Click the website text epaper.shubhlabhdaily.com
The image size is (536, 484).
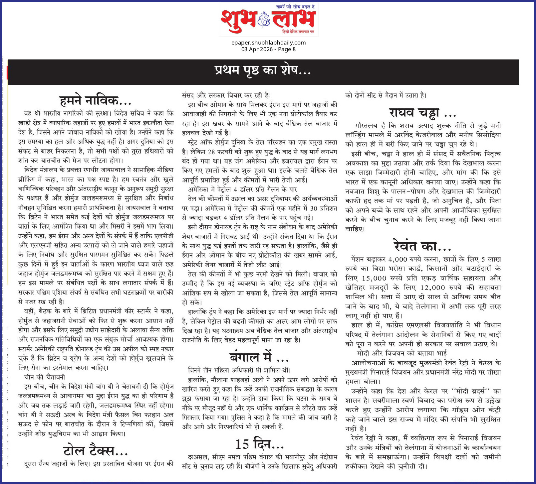pyautogui.click(x=268, y=43)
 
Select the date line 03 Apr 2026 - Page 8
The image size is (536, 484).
pyautogui.click(x=268, y=49)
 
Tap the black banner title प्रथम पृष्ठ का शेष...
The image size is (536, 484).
pyautogui.click(x=263, y=70)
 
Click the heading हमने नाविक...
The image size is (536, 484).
pyautogui.click(x=95, y=100)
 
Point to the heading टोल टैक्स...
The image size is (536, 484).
pyautogui.click(x=95, y=450)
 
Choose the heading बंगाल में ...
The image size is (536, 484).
pyautogui.click(x=259, y=357)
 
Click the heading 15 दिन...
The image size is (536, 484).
pyautogui.click(x=259, y=444)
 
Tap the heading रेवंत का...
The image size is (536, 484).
pyautogui.click(x=422, y=246)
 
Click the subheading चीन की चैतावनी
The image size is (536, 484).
pyautogui.click(x=45, y=377)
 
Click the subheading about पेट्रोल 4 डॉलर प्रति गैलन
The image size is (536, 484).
pyautogui.click(x=243, y=189)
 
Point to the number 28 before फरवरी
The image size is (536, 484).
pyautogui.click(x=211, y=152)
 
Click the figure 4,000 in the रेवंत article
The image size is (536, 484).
pyautogui.click(x=398, y=259)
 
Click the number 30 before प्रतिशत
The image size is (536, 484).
pyautogui.click(x=314, y=208)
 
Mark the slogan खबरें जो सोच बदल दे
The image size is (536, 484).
pyautogui.click(x=296, y=7)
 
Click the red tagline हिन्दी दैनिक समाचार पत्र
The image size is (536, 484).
pyautogui.click(x=298, y=32)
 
